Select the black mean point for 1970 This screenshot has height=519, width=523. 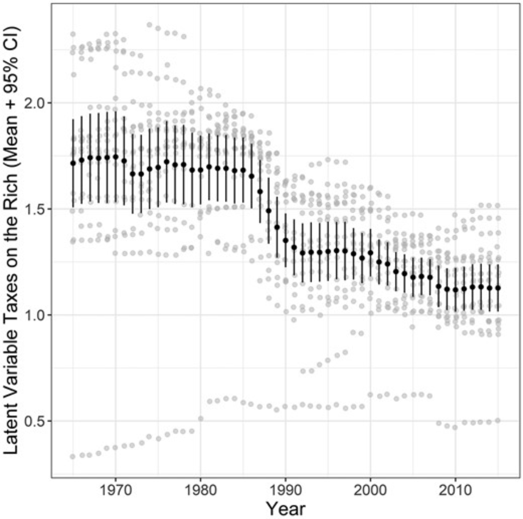(116, 157)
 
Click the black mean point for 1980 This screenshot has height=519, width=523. (201, 170)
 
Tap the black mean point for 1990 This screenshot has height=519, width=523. (285, 240)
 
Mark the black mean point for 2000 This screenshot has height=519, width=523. (370, 252)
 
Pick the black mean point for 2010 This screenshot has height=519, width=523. (455, 290)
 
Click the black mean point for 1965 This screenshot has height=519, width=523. (73, 163)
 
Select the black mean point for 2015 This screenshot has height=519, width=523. (498, 288)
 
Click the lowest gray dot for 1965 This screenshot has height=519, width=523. (72, 457)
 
